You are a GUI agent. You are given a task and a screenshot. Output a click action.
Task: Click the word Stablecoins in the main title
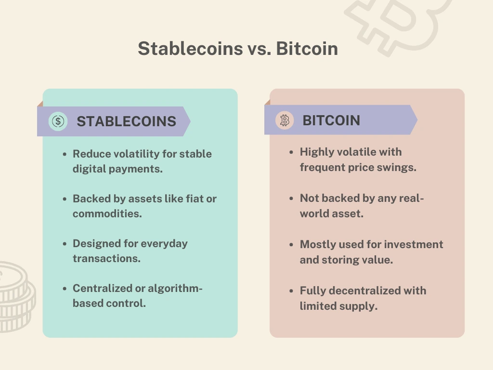click(x=190, y=49)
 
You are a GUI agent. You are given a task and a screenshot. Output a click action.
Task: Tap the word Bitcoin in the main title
click(x=307, y=49)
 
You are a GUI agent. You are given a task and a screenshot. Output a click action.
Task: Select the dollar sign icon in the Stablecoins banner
click(x=58, y=121)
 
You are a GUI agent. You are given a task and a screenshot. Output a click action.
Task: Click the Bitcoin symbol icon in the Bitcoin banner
click(x=285, y=120)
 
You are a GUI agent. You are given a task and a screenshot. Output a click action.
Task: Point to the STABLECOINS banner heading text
click(x=127, y=121)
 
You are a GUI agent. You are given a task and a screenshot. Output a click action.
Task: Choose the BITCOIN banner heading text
click(x=331, y=120)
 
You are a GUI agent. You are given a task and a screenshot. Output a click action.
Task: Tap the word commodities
click(x=107, y=213)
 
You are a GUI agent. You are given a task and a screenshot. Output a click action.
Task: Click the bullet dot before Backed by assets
click(x=65, y=199)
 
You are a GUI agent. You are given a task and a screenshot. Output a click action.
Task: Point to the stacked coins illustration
click(x=16, y=297)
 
